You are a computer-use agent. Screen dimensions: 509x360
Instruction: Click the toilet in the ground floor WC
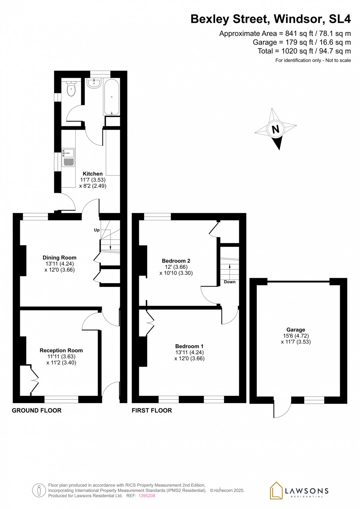71,89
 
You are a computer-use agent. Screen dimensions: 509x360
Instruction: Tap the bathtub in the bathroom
111,97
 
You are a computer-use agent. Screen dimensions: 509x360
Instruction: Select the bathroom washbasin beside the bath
94,83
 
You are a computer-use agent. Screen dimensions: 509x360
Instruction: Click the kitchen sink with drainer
68,157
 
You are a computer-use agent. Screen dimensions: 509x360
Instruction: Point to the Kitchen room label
93,174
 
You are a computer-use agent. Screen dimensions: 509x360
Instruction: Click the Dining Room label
60,258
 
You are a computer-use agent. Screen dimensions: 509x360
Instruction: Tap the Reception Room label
61,350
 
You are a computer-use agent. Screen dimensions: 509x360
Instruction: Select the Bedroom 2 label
176,261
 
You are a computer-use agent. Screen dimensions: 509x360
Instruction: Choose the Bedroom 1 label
189,346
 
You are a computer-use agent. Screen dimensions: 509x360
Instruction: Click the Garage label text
296,330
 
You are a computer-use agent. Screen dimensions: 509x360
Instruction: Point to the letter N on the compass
276,129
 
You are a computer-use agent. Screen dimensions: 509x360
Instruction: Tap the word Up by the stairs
97,230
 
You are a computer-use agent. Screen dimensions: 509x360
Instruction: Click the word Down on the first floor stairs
230,282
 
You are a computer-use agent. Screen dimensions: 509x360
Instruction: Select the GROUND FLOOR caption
37,410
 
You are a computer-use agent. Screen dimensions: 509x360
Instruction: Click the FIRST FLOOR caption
152,410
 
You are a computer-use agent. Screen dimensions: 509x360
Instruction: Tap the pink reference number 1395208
147,495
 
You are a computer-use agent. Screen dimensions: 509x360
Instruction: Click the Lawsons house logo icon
276,490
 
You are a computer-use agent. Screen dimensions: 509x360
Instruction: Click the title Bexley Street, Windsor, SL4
270,19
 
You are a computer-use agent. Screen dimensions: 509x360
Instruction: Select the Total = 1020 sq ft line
304,51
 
